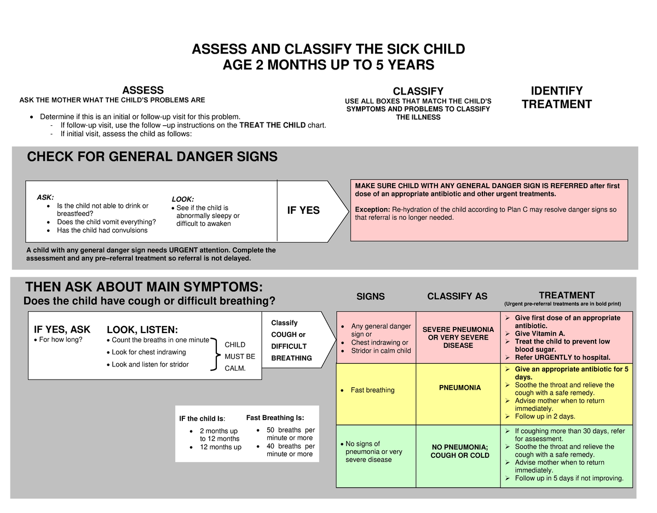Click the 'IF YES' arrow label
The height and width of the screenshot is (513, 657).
point(303,211)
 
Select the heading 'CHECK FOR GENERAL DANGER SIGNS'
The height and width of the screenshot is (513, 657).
point(152,158)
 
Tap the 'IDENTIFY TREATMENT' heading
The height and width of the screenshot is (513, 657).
point(556,98)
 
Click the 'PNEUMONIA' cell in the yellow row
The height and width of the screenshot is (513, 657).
point(460,388)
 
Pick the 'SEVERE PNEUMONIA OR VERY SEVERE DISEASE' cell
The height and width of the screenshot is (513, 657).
point(458,337)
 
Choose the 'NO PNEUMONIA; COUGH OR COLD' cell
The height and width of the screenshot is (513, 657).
point(460,451)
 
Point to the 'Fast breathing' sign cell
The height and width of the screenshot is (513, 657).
point(372,390)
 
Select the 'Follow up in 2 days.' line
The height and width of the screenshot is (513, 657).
point(545,416)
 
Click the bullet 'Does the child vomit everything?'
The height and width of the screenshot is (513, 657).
point(106,222)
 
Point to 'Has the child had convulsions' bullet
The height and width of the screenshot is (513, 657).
point(102,230)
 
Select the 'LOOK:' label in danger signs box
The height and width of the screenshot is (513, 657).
point(183,200)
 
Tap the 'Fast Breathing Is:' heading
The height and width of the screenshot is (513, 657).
point(275,418)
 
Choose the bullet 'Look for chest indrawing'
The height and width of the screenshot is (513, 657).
point(148,352)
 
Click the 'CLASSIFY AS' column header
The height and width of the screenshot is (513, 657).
point(457,296)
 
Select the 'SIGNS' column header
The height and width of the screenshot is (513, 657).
point(371,296)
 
